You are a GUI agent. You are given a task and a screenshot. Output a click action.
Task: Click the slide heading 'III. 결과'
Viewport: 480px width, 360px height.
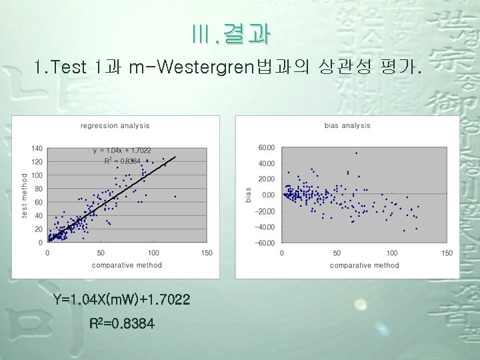click(x=231, y=34)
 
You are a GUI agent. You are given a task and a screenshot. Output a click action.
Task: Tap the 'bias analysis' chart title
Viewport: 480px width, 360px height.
click(x=347, y=125)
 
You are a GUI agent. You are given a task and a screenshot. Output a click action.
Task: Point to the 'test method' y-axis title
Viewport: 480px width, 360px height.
click(x=25, y=195)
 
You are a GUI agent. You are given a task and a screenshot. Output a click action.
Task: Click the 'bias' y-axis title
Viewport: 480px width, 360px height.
click(x=248, y=194)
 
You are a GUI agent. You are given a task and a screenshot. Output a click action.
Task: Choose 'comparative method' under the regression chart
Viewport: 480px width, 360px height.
click(x=126, y=265)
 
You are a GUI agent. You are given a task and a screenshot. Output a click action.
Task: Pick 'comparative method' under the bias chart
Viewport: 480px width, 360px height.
click(x=364, y=265)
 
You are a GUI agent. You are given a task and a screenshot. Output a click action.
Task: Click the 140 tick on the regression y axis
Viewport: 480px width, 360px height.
click(x=37, y=148)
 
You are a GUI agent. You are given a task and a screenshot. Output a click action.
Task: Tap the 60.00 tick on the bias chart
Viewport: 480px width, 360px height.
click(x=266, y=147)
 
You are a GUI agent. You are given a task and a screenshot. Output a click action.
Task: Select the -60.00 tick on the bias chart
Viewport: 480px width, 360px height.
click(x=265, y=243)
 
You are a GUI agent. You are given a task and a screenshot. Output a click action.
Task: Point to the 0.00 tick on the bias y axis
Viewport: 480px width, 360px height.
click(x=268, y=195)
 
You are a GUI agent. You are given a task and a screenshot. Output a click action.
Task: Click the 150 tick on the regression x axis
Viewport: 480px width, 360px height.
click(x=207, y=253)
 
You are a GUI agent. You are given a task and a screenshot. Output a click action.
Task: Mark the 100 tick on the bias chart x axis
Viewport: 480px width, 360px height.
click(x=392, y=253)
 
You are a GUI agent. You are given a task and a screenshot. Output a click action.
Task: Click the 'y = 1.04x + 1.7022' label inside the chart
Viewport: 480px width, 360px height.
click(x=122, y=151)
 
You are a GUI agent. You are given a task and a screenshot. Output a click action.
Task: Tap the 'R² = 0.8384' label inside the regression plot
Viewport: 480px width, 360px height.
click(x=122, y=161)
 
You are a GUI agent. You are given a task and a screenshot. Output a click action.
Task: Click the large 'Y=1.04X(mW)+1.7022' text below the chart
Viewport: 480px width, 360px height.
click(x=122, y=301)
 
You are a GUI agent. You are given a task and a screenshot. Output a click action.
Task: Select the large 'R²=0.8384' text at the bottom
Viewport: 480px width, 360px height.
click(x=122, y=324)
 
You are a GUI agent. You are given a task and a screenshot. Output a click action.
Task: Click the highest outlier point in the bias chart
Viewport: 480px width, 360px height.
click(x=356, y=153)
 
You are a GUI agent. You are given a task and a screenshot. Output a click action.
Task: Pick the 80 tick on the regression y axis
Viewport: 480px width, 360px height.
click(x=39, y=189)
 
